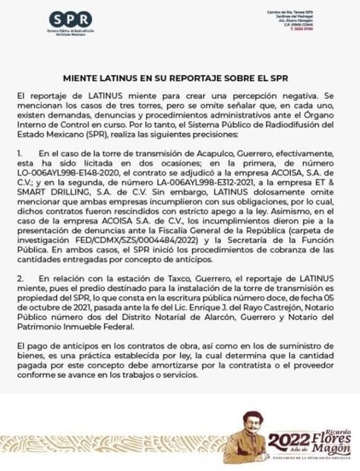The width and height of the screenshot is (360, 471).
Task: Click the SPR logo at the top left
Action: pos(71,18)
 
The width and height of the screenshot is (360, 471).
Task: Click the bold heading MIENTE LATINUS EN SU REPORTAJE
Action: pos(180,79)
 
